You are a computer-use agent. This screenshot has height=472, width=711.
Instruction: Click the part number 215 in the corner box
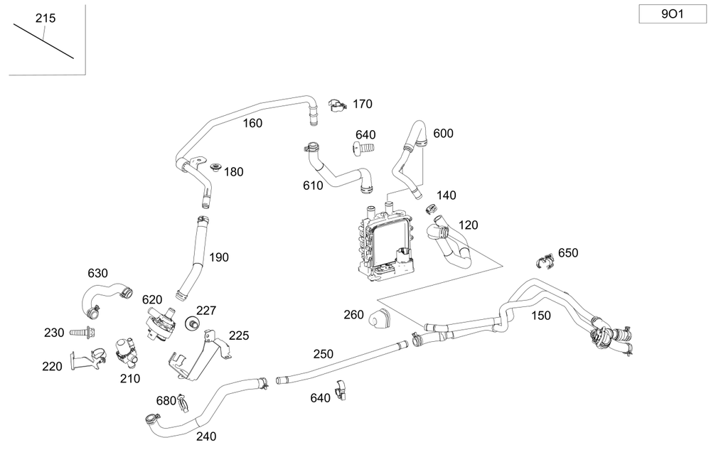tap(46, 18)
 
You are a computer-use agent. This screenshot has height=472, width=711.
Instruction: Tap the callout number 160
tap(252, 123)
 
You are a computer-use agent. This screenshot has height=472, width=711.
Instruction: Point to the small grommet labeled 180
tap(215, 168)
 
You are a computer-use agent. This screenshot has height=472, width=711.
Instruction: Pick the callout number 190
tap(219, 257)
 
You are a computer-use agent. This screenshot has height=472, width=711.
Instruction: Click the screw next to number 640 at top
tap(363, 149)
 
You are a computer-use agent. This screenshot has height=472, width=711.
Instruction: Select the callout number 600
tap(443, 134)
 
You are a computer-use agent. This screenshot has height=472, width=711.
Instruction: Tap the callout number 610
tap(313, 186)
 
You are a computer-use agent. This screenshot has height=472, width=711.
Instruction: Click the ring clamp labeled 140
tap(430, 209)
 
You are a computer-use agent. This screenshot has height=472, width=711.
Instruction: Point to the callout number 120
tap(468, 225)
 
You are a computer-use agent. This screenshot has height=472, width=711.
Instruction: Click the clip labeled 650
tap(545, 260)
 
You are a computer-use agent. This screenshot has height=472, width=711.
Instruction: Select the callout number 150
tap(541, 316)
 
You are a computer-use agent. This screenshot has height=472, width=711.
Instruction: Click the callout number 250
tap(323, 353)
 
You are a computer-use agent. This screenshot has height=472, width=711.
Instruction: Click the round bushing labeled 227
tap(191, 325)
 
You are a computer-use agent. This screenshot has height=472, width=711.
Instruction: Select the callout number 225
tap(239, 336)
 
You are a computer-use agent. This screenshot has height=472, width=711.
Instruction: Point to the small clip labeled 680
tap(182, 402)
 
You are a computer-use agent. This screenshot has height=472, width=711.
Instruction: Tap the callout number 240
tap(206, 436)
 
